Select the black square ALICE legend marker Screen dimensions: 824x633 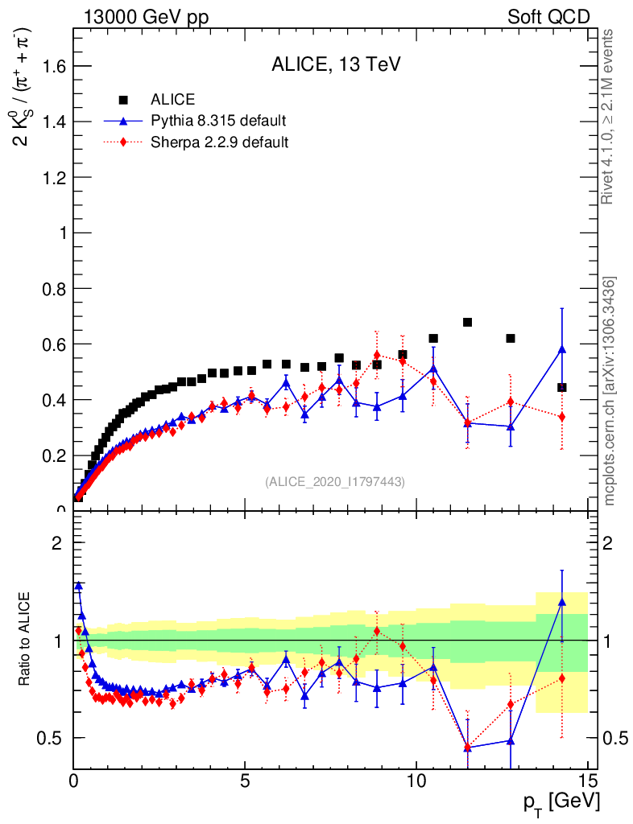pyautogui.click(x=124, y=100)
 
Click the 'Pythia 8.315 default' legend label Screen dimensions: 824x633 pyautogui.click(x=218, y=122)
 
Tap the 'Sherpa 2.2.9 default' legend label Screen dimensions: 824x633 pyautogui.click(x=220, y=142)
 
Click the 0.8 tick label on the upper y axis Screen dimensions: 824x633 pyautogui.click(x=53, y=288)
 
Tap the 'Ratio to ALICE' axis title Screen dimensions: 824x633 pyautogui.click(x=24, y=641)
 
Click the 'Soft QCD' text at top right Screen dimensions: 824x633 pyautogui.click(x=548, y=17)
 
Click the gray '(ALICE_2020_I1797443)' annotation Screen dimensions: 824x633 pyautogui.click(x=335, y=481)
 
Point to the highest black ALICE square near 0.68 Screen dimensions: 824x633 pyautogui.click(x=467, y=323)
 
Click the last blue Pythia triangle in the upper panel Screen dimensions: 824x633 pyautogui.click(x=562, y=349)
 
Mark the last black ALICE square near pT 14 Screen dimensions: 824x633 pyautogui.click(x=562, y=387)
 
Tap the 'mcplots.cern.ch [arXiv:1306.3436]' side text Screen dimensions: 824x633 pyautogui.click(x=610, y=391)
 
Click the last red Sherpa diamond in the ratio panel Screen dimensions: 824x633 pyautogui.click(x=562, y=678)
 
